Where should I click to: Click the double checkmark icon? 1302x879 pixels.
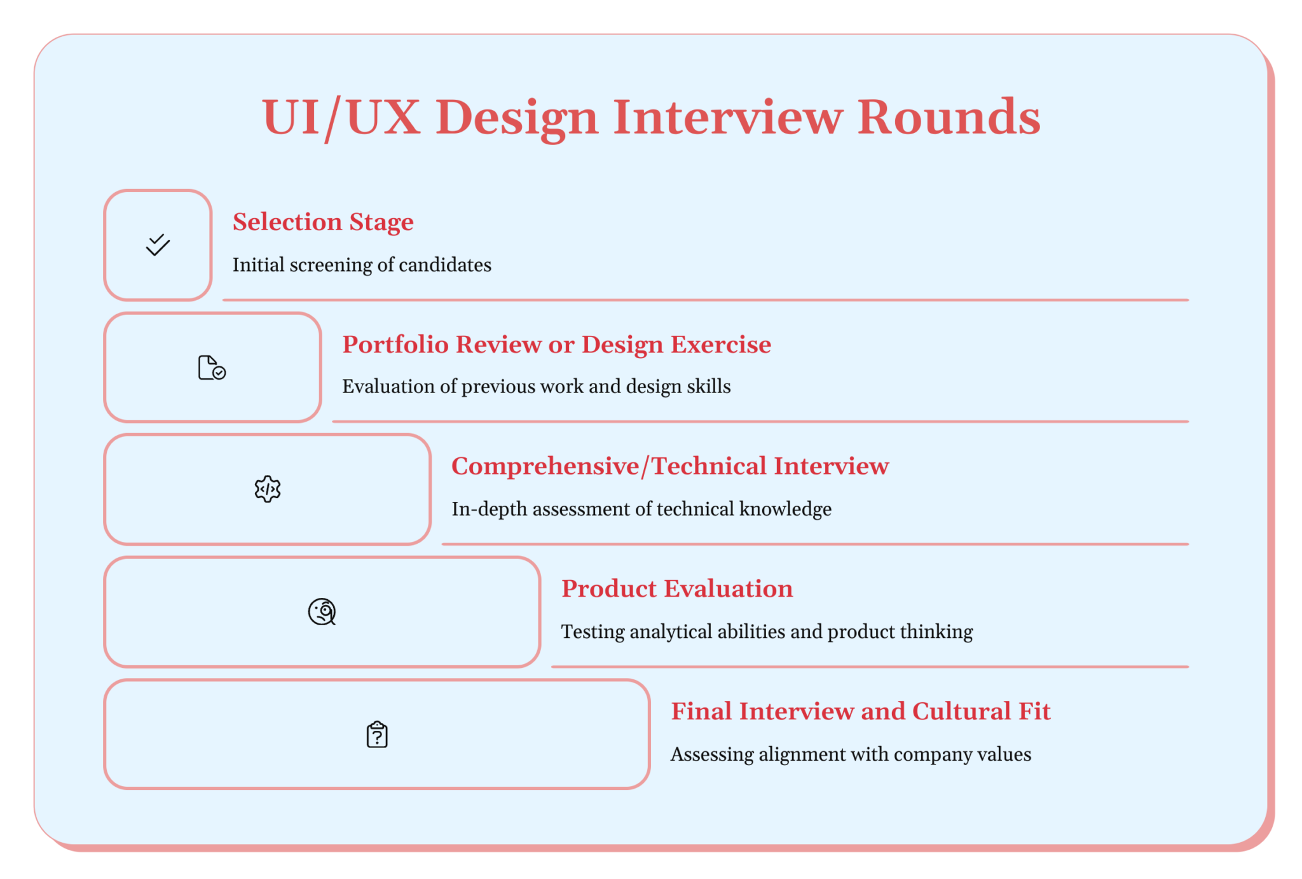(158, 245)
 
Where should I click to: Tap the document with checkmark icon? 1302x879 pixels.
(212, 368)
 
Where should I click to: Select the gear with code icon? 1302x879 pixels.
(268, 489)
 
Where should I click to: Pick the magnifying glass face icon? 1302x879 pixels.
(322, 612)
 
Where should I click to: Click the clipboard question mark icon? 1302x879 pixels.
(377, 735)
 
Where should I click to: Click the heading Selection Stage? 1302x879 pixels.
(323, 222)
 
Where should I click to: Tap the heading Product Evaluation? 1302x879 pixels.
(677, 589)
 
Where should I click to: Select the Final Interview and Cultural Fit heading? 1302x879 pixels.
(860, 711)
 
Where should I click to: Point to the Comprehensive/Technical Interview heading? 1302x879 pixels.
(670, 466)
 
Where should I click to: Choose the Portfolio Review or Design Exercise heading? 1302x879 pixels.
(556, 345)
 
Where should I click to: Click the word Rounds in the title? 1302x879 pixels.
(949, 118)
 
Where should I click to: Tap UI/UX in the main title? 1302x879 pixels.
(341, 118)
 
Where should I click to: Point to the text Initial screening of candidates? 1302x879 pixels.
(362, 265)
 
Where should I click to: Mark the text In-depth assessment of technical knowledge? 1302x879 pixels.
(641, 509)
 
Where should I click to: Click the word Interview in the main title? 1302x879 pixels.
(728, 118)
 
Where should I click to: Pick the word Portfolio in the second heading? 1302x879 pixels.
(395, 345)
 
